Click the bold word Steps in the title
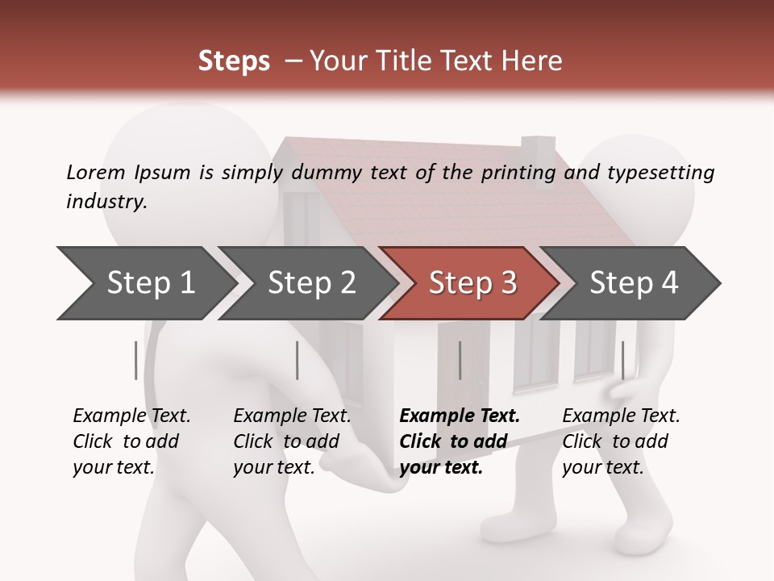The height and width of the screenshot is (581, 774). tap(234, 61)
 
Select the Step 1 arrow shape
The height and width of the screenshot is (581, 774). tap(145, 283)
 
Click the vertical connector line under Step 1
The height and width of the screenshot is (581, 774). tap(136, 360)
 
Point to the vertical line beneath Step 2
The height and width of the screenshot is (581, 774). tap(298, 360)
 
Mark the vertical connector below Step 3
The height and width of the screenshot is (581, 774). tap(460, 360)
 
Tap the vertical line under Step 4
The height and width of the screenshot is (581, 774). tap(622, 360)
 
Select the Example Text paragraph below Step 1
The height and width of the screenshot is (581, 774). tap(131, 441)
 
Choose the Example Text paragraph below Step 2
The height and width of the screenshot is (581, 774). tap(292, 441)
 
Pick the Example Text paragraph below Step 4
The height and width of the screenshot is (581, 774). tap(621, 441)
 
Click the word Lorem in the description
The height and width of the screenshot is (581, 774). tap(96, 172)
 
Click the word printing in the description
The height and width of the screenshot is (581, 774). tap(518, 173)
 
